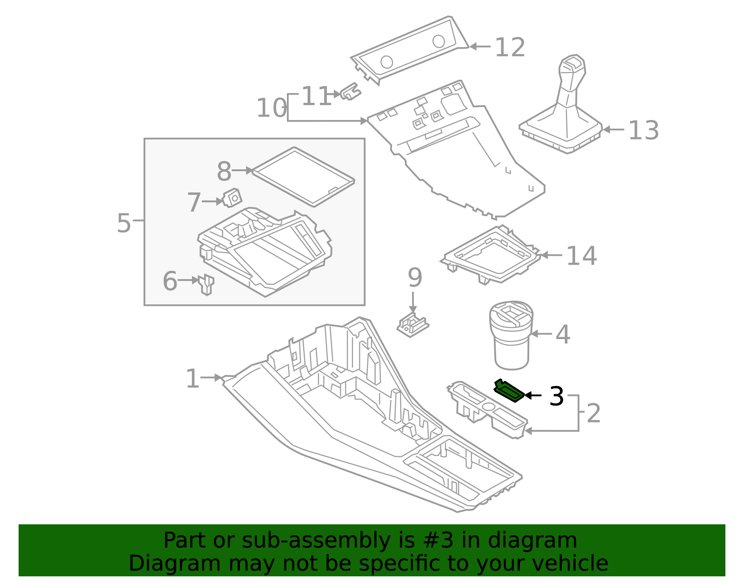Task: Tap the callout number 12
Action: point(510,47)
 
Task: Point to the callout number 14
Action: point(581,256)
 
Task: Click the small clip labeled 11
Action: point(351,92)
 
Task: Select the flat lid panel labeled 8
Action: point(303,177)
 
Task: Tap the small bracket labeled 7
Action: point(232,199)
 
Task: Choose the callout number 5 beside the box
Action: point(124,223)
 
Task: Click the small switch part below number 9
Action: point(412,325)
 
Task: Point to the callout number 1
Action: point(192,379)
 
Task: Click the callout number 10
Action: point(272,108)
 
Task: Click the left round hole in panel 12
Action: point(386,61)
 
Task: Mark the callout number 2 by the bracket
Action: point(593,413)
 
